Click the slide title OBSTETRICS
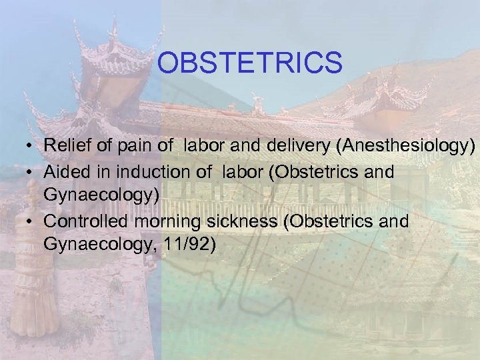pyautogui.click(x=250, y=63)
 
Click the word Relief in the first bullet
pyautogui.click(x=63, y=145)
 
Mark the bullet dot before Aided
pyautogui.click(x=31, y=173)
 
